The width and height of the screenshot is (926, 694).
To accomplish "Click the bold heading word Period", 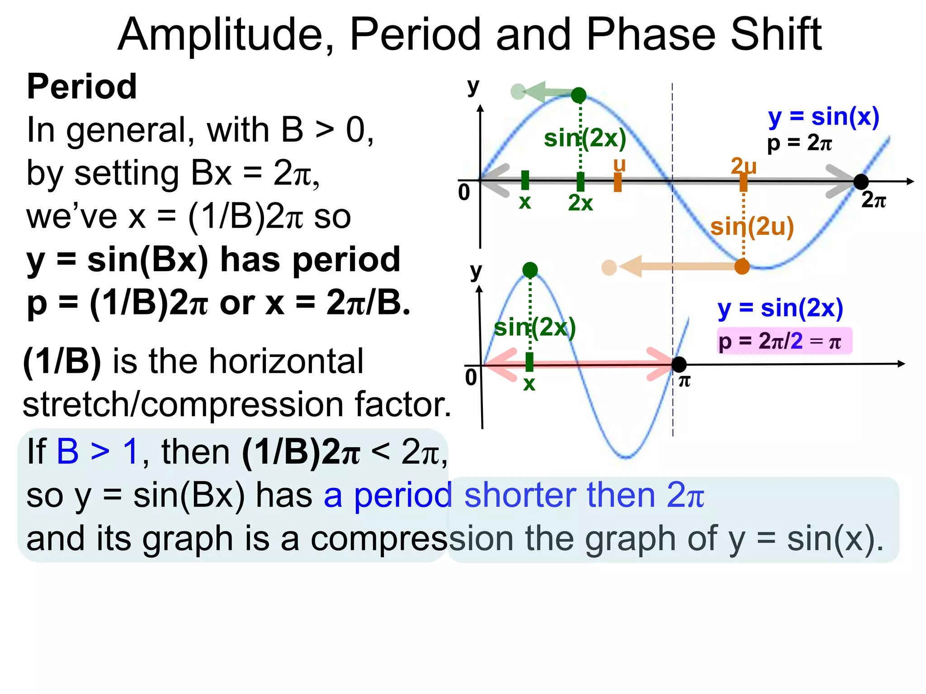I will pos(82,87).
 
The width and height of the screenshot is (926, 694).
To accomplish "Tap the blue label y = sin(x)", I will pos(823,117).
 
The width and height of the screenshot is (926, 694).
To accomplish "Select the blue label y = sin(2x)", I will pos(780,309).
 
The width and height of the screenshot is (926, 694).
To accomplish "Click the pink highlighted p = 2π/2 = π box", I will pos(784,341).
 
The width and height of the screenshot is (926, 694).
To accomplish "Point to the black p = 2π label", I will pos(799,143).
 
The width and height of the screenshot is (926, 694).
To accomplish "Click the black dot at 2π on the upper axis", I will pos(861,182).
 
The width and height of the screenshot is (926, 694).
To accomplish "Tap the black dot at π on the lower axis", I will pos(679,364).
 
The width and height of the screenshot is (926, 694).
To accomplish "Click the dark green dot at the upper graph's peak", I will pos(579,95).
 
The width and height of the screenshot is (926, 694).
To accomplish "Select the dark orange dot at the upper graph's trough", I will pos(742,267).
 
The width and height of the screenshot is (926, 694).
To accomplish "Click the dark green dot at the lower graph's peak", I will pos(530,270).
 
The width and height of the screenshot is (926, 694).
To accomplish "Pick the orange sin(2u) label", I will pos(752,227).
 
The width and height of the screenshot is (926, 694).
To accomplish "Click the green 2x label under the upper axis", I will pos(580,203).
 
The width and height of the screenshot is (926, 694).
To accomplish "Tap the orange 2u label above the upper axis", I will pos(743,166).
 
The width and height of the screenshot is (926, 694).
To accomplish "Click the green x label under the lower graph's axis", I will pos(529,384).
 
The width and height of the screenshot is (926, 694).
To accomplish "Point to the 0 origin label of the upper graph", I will pos(464,193).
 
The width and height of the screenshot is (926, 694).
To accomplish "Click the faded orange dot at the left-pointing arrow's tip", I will pos(609,267).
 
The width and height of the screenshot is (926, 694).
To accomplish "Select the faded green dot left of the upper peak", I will pos(518,92).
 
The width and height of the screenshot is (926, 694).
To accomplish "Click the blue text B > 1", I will pos(97,451).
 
